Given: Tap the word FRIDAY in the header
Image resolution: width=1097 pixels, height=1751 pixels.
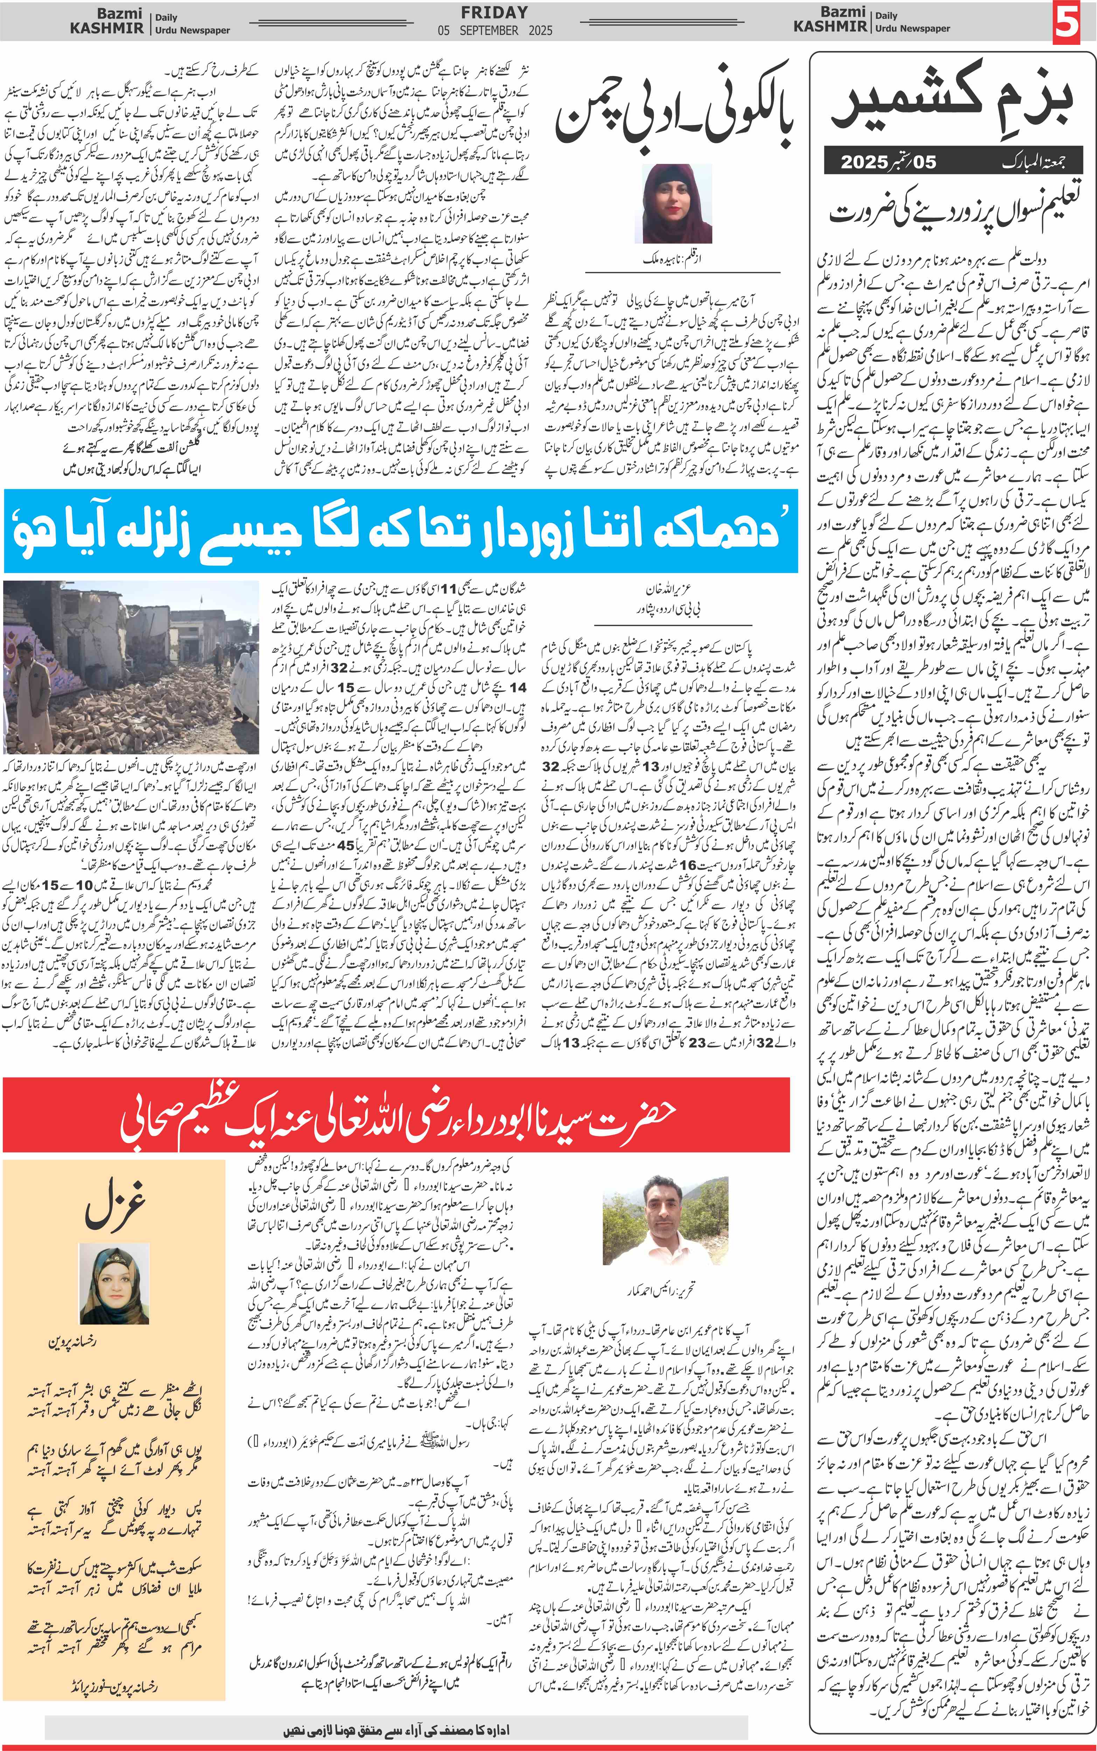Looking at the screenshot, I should tap(495, 12).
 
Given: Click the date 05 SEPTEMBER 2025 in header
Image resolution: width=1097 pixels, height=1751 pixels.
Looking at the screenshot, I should tap(495, 30).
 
